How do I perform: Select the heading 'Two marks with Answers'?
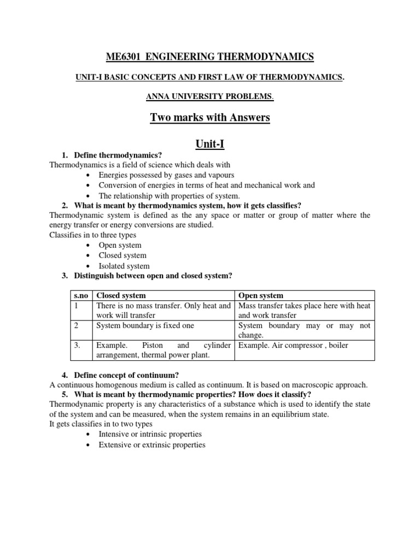pos(210,118)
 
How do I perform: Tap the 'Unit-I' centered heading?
pos(210,144)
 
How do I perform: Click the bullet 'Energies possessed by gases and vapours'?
pos(166,175)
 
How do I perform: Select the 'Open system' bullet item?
pos(120,246)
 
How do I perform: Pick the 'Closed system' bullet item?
pos(122,255)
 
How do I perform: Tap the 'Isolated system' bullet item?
pos(124,266)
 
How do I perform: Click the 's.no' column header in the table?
pos(81,296)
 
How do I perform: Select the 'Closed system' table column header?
pos(121,296)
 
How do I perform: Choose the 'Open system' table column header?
pos(261,296)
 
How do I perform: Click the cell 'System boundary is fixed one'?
pos(145,325)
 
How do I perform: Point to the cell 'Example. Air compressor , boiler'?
pos(293,346)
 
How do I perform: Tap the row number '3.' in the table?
pos(78,346)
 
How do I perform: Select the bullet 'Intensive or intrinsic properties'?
pos(150,434)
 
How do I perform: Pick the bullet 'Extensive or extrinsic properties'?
pos(152,445)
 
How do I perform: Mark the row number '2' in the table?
pos(77,325)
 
